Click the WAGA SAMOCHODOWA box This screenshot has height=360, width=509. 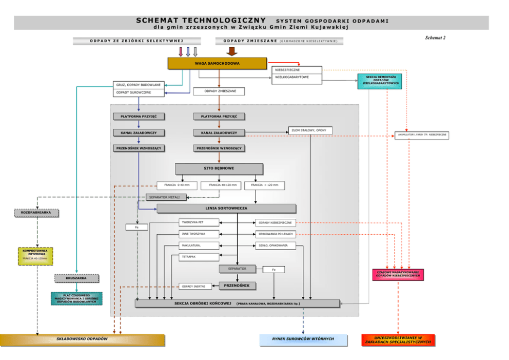click(219, 63)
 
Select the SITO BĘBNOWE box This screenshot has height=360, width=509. click(219, 168)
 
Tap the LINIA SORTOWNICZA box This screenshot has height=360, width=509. click(226, 209)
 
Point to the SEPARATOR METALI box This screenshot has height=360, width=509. click(166, 197)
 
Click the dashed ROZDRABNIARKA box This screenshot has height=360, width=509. click(36, 213)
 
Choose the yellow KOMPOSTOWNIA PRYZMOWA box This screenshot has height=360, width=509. click(35, 256)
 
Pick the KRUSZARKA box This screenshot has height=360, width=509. click(76, 278)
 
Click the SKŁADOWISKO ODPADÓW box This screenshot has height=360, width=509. click(82, 339)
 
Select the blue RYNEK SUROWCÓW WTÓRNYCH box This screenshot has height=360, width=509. click(303, 339)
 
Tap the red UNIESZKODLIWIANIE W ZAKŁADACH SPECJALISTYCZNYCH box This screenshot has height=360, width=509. click(398, 339)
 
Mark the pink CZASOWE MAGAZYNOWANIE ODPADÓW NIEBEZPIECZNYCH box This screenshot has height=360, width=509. click(398, 275)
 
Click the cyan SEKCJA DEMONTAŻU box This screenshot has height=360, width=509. click(380, 81)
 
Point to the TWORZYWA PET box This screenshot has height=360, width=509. click(199, 222)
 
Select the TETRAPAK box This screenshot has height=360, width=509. click(199, 256)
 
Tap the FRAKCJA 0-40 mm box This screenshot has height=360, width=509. click(177, 185)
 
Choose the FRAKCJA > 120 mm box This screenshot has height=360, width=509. click(265, 185)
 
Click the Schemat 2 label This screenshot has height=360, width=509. click(435, 38)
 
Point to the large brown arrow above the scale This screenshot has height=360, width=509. click(231, 51)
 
